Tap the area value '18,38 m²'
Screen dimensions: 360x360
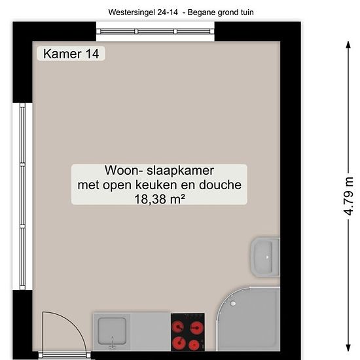point(159,199)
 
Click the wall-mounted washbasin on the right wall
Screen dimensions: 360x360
point(265,257)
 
